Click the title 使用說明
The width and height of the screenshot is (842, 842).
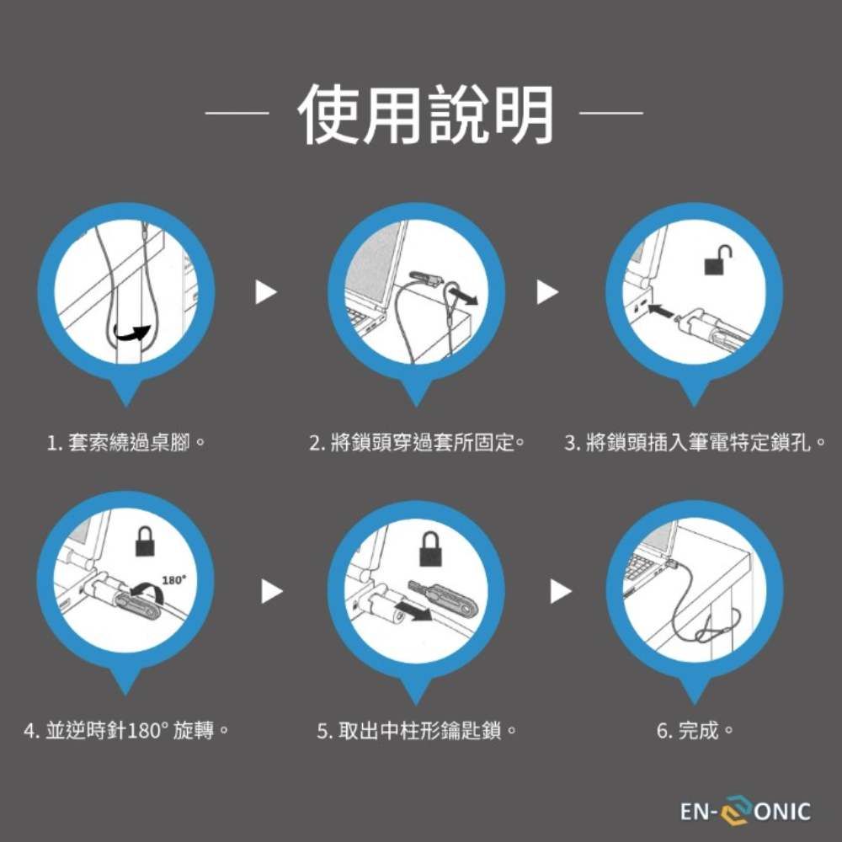(x=425, y=115)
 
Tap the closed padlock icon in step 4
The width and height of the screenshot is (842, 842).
(x=145, y=541)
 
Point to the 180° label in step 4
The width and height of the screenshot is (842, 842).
(x=174, y=580)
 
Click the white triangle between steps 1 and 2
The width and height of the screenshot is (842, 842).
(x=266, y=291)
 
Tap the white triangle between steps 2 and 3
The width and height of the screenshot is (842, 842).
(x=548, y=291)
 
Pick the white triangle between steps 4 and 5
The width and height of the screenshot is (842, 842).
(x=272, y=591)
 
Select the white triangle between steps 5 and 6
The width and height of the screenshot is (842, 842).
(x=561, y=591)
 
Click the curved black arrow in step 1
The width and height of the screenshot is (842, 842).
(x=132, y=333)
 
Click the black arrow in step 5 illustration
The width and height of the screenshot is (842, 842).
(x=413, y=610)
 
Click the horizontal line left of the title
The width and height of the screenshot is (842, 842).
(x=237, y=114)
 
